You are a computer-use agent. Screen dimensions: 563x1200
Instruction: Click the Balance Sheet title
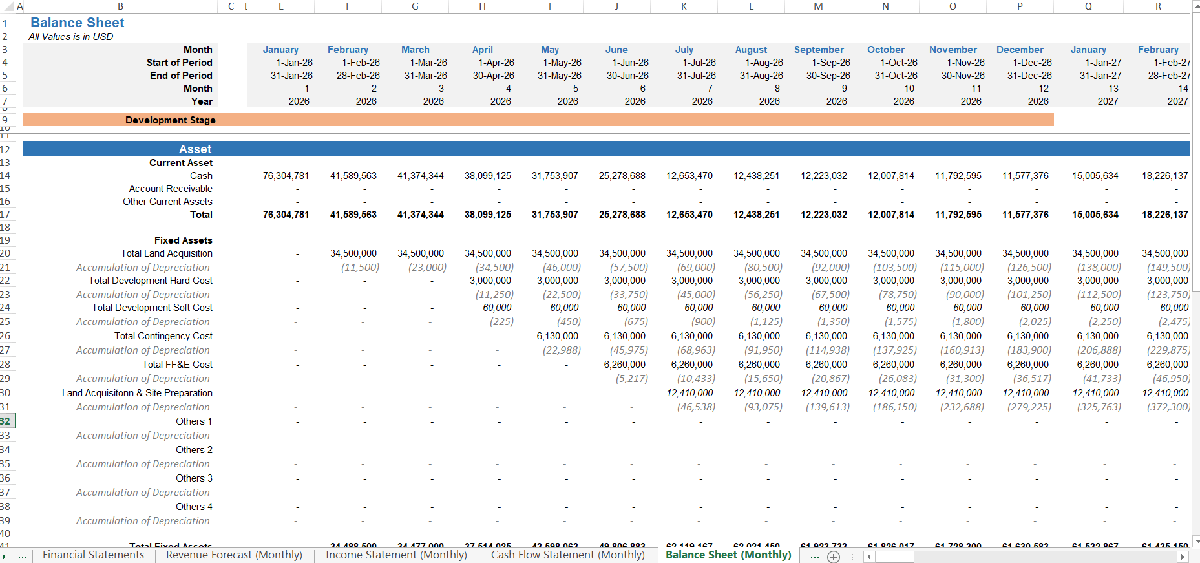78,23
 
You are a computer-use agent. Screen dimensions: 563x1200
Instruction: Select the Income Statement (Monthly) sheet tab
396,555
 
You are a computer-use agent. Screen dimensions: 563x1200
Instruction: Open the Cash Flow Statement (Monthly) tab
567,555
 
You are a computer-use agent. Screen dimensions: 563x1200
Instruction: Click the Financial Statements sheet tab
94,555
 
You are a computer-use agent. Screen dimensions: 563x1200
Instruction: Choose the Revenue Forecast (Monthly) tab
234,555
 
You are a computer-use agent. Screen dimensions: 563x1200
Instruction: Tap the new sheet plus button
834,557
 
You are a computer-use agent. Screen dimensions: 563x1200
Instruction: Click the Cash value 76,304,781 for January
286,176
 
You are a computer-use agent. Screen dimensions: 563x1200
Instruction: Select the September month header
819,50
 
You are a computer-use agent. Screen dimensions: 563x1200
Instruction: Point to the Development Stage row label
170,120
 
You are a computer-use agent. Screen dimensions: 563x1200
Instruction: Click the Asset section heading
195,149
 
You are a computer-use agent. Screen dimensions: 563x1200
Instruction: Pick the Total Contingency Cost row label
163,336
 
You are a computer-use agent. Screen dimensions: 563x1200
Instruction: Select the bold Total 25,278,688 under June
622,215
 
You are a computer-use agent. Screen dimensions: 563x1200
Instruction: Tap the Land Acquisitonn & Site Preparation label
137,393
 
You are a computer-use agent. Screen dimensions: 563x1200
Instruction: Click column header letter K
684,6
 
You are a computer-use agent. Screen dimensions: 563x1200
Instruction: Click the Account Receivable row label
171,189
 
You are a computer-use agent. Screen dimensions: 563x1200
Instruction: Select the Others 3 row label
194,478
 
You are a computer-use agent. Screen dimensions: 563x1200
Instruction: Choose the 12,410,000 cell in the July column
689,393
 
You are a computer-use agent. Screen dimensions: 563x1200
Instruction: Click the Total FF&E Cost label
177,365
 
